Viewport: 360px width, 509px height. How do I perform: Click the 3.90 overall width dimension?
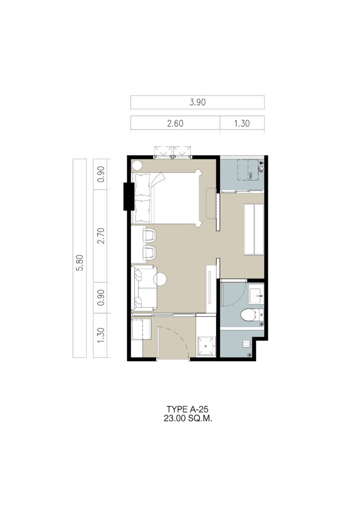click(x=197, y=102)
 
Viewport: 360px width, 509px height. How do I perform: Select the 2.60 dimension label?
click(x=176, y=123)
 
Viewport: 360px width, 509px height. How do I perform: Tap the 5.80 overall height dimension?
click(x=80, y=262)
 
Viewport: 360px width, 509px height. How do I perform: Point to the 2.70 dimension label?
click(x=100, y=236)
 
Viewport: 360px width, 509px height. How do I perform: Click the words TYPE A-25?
click(x=187, y=409)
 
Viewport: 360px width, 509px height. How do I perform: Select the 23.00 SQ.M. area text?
click(x=188, y=419)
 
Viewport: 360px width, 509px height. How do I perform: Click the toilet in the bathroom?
click(x=251, y=315)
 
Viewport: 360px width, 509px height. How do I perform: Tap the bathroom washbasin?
click(x=257, y=294)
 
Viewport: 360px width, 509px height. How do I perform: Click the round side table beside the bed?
click(x=137, y=166)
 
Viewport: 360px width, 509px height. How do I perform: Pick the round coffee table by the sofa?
click(x=160, y=279)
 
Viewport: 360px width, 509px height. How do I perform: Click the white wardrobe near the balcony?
click(x=254, y=229)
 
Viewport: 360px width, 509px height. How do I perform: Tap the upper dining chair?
click(x=150, y=235)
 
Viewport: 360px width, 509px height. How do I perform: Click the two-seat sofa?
click(x=145, y=288)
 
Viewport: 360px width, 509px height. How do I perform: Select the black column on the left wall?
click(x=129, y=196)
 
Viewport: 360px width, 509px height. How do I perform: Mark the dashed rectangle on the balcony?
click(x=249, y=170)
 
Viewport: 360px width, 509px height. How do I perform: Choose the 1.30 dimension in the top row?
click(x=242, y=123)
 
